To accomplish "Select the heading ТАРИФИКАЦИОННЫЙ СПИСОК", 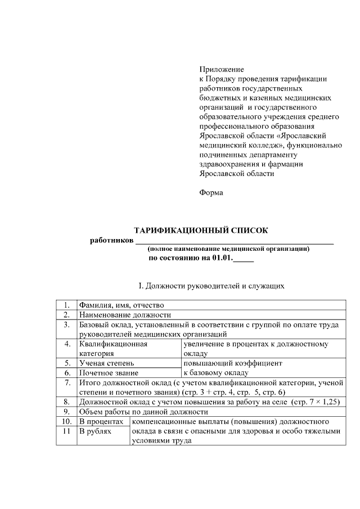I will point(201,230).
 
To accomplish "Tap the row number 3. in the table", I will point(66,325).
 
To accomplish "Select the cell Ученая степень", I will point(106,363).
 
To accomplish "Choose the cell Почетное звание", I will point(109,372).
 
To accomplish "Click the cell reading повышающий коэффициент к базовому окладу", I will point(228,368).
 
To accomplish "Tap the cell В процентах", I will point(101,421).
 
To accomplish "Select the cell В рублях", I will point(95,431).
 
